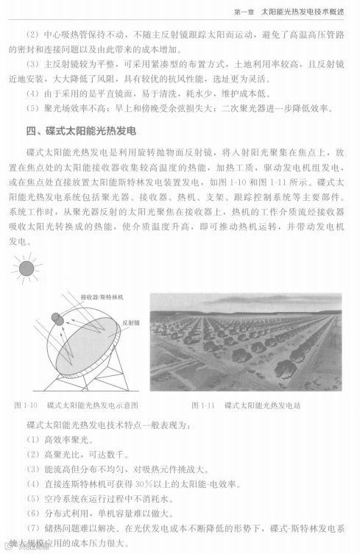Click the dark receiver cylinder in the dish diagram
coord(58,318)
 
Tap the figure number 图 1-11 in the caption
coord(202,405)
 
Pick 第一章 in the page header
coord(241,11)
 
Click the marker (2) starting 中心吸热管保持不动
coord(32,35)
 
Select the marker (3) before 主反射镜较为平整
coord(32,64)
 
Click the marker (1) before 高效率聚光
coord(32,439)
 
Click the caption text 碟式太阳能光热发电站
coord(263,405)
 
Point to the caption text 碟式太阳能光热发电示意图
coord(92,405)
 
